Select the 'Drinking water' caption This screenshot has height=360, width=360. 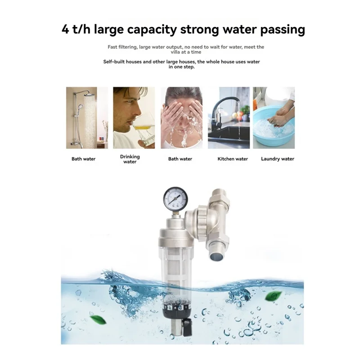(130, 159)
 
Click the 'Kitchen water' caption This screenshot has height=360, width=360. (233, 159)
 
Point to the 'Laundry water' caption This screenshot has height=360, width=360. (278, 159)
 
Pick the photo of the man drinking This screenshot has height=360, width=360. (134, 118)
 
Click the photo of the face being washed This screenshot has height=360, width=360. (180, 118)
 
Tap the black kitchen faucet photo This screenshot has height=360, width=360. (229, 118)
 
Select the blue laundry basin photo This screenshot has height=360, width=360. (274, 118)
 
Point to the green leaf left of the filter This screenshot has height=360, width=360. (97, 320)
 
